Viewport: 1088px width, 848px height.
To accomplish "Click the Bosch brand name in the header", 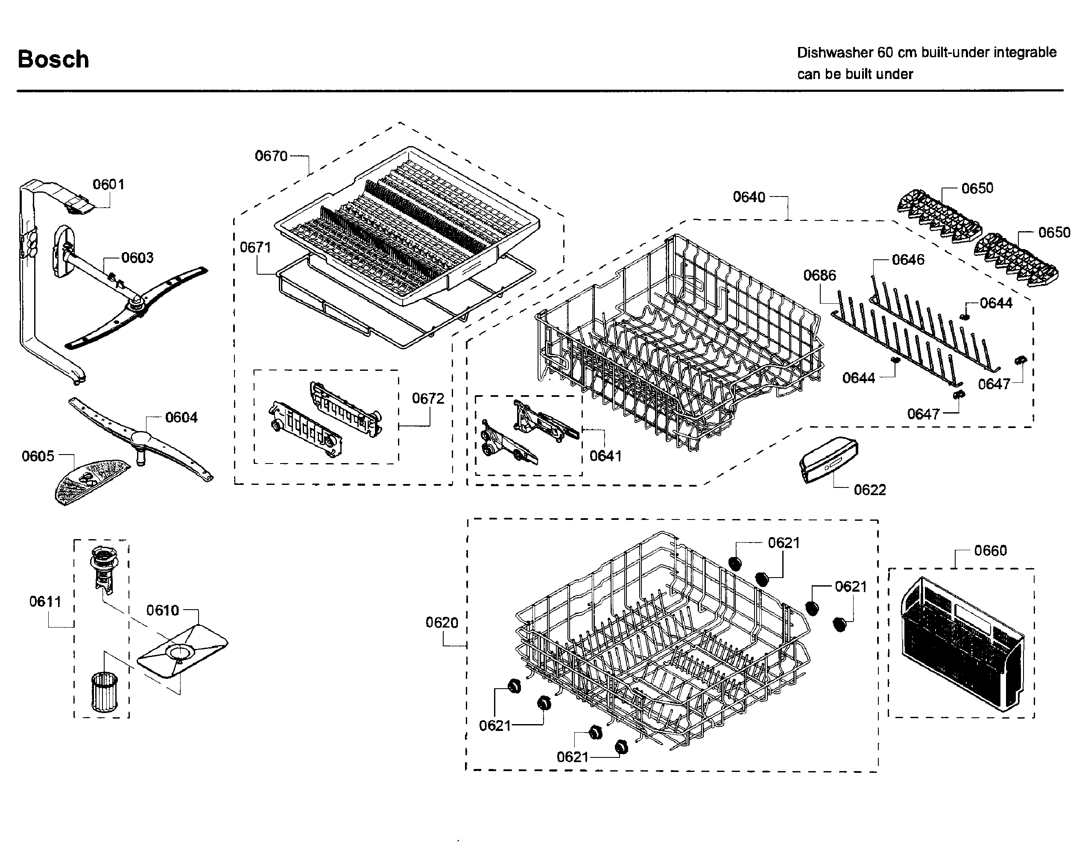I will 53,59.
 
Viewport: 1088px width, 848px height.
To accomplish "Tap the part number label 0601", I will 108,185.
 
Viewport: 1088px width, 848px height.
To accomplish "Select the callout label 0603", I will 137,258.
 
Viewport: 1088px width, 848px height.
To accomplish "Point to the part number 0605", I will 38,456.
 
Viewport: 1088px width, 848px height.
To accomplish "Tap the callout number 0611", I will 45,602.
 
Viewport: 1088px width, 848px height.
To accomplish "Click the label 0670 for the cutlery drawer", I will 271,156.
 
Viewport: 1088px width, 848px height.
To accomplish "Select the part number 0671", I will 255,247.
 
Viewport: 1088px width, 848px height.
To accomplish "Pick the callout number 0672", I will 427,399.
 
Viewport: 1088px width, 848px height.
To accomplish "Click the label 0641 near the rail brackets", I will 605,456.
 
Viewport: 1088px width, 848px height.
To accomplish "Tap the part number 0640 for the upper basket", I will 749,197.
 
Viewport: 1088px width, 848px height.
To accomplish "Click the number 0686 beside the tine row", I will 819,275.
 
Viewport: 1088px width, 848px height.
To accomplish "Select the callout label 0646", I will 908,260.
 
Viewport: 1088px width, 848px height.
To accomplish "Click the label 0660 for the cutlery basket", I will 990,550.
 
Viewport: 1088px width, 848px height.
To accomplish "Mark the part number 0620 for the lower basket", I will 442,623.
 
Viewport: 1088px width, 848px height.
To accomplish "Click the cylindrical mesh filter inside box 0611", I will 104,692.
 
